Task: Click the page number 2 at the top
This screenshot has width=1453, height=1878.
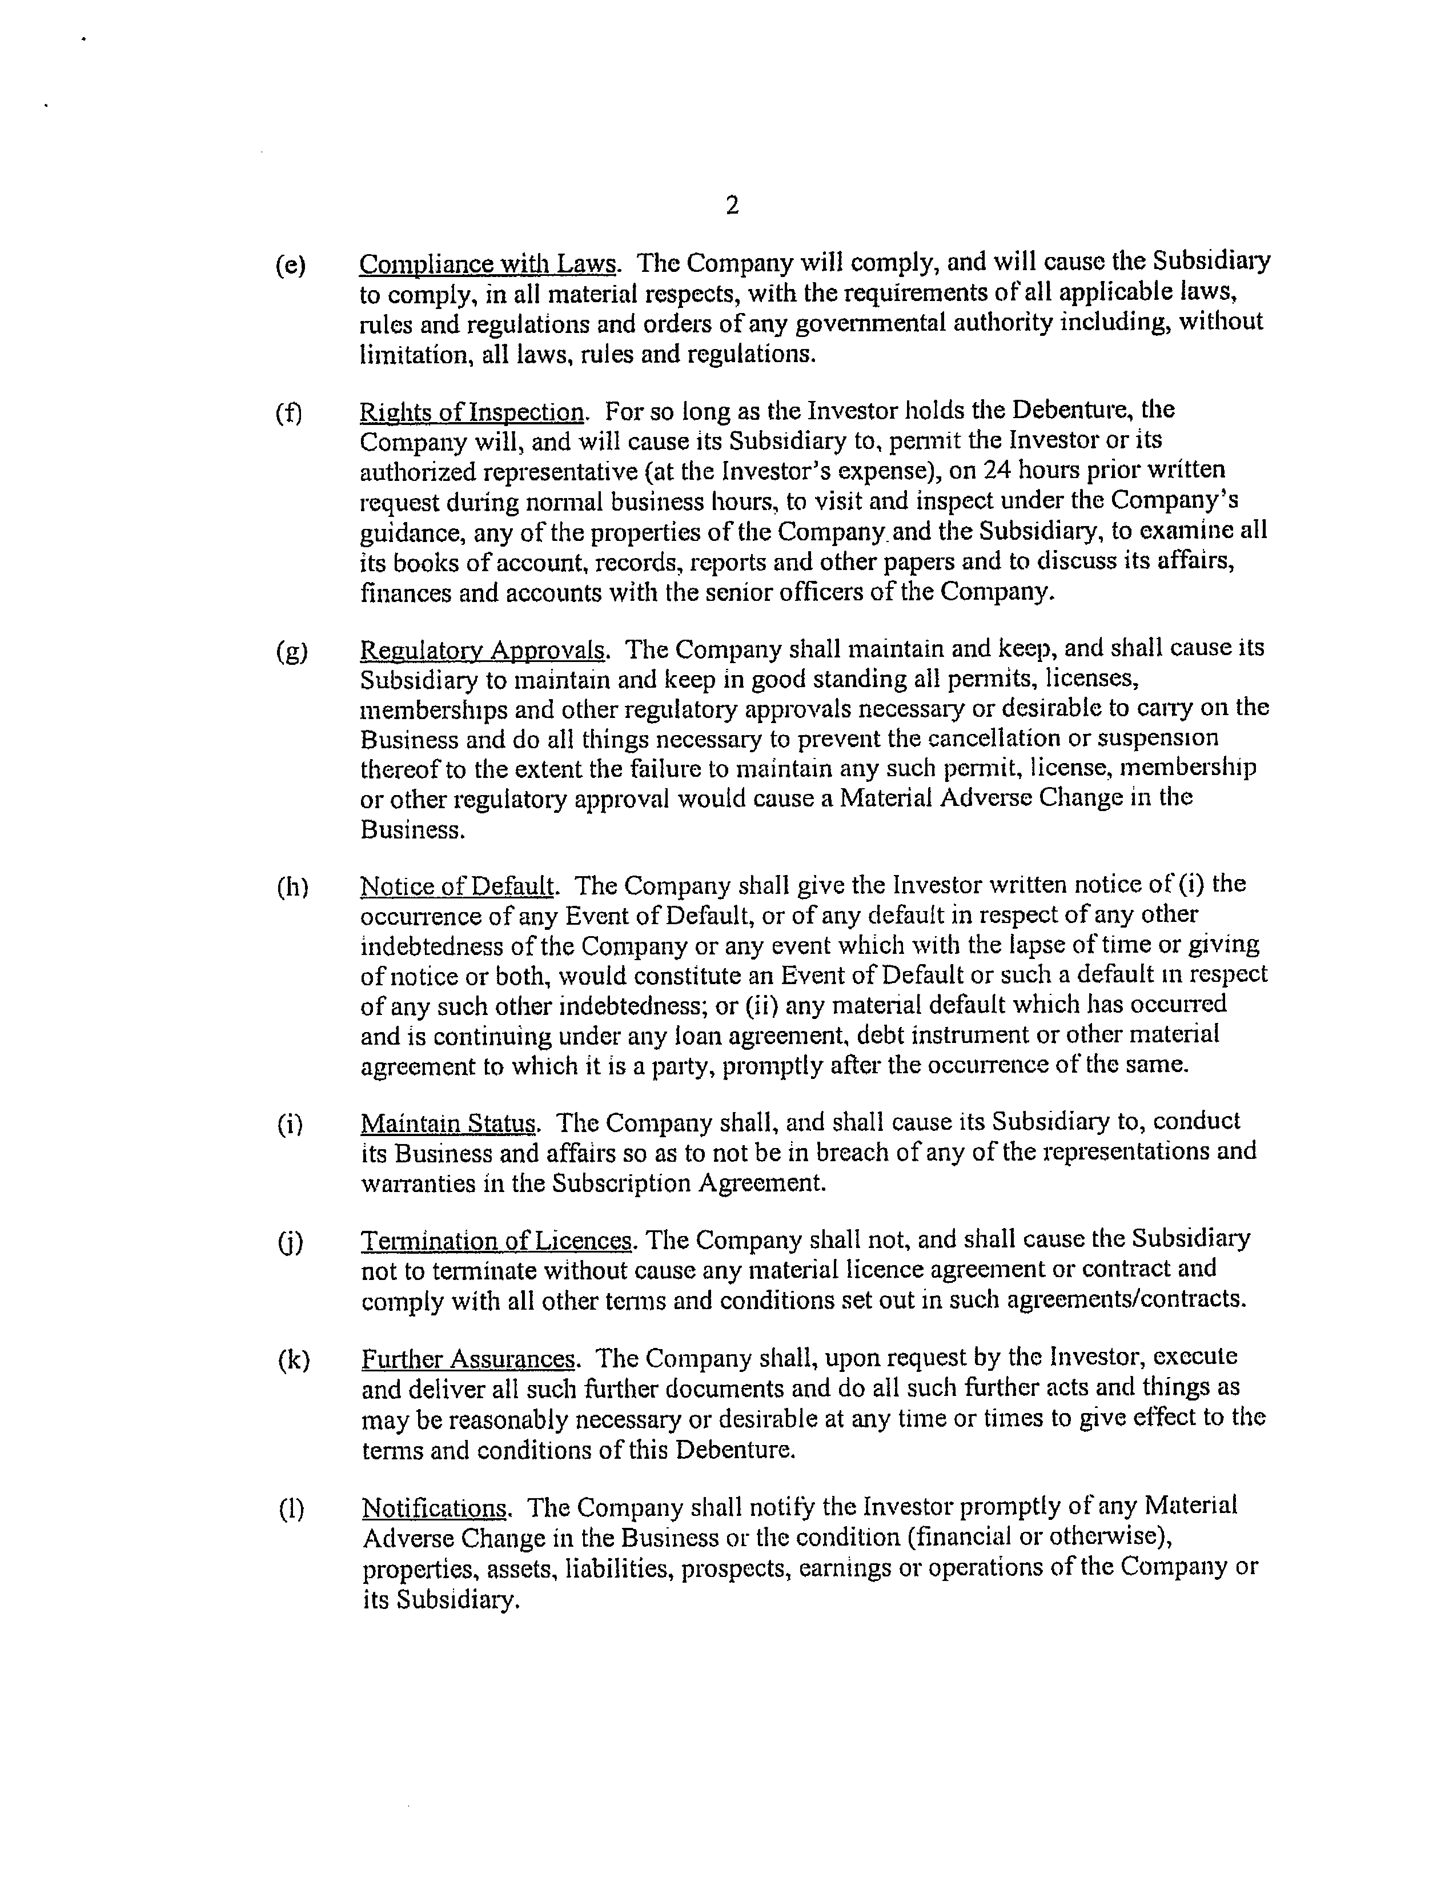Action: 732,206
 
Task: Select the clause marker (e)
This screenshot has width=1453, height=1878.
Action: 291,266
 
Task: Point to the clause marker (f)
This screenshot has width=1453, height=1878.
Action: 289,414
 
